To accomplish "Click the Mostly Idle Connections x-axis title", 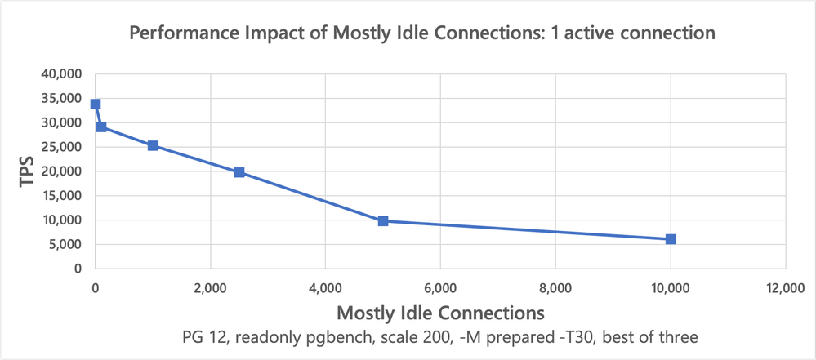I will pos(440,312).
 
